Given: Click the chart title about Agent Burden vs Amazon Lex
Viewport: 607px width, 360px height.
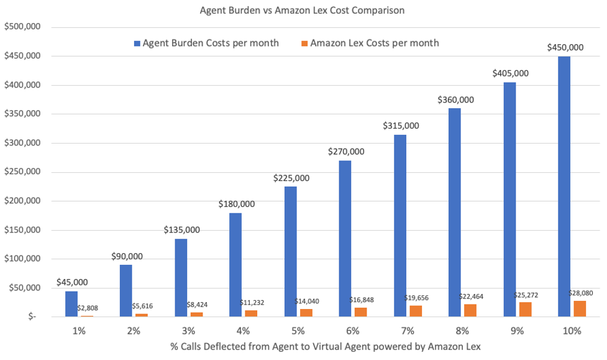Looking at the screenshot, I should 303,11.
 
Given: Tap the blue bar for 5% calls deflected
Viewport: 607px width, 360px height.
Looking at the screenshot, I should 290,251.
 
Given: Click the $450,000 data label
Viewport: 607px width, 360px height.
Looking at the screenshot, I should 565,47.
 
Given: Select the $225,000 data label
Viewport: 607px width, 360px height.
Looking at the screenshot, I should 291,178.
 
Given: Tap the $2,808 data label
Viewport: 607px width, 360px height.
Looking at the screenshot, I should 88,308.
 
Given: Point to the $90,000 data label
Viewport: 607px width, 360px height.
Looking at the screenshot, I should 127,256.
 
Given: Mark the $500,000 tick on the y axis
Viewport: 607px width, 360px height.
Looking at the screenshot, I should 22,27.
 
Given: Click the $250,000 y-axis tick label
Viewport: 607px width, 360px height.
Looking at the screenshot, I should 22,172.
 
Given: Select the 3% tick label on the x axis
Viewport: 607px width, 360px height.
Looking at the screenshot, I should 189,331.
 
